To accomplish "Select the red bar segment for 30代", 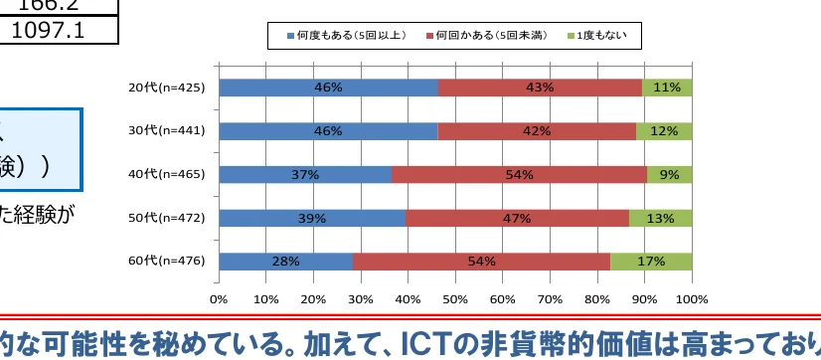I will coord(537,131).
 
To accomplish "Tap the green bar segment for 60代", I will coord(651,262).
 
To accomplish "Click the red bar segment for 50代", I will coord(517,218).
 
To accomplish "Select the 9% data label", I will coord(669,175).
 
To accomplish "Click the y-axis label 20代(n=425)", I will coord(167,88).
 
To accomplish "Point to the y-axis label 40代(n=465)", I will coord(167,175).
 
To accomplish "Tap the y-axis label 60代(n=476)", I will coord(167,262).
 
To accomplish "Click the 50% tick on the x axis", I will coord(454,297).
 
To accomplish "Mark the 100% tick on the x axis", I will coord(691,297).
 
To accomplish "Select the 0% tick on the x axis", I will coord(219,297).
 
